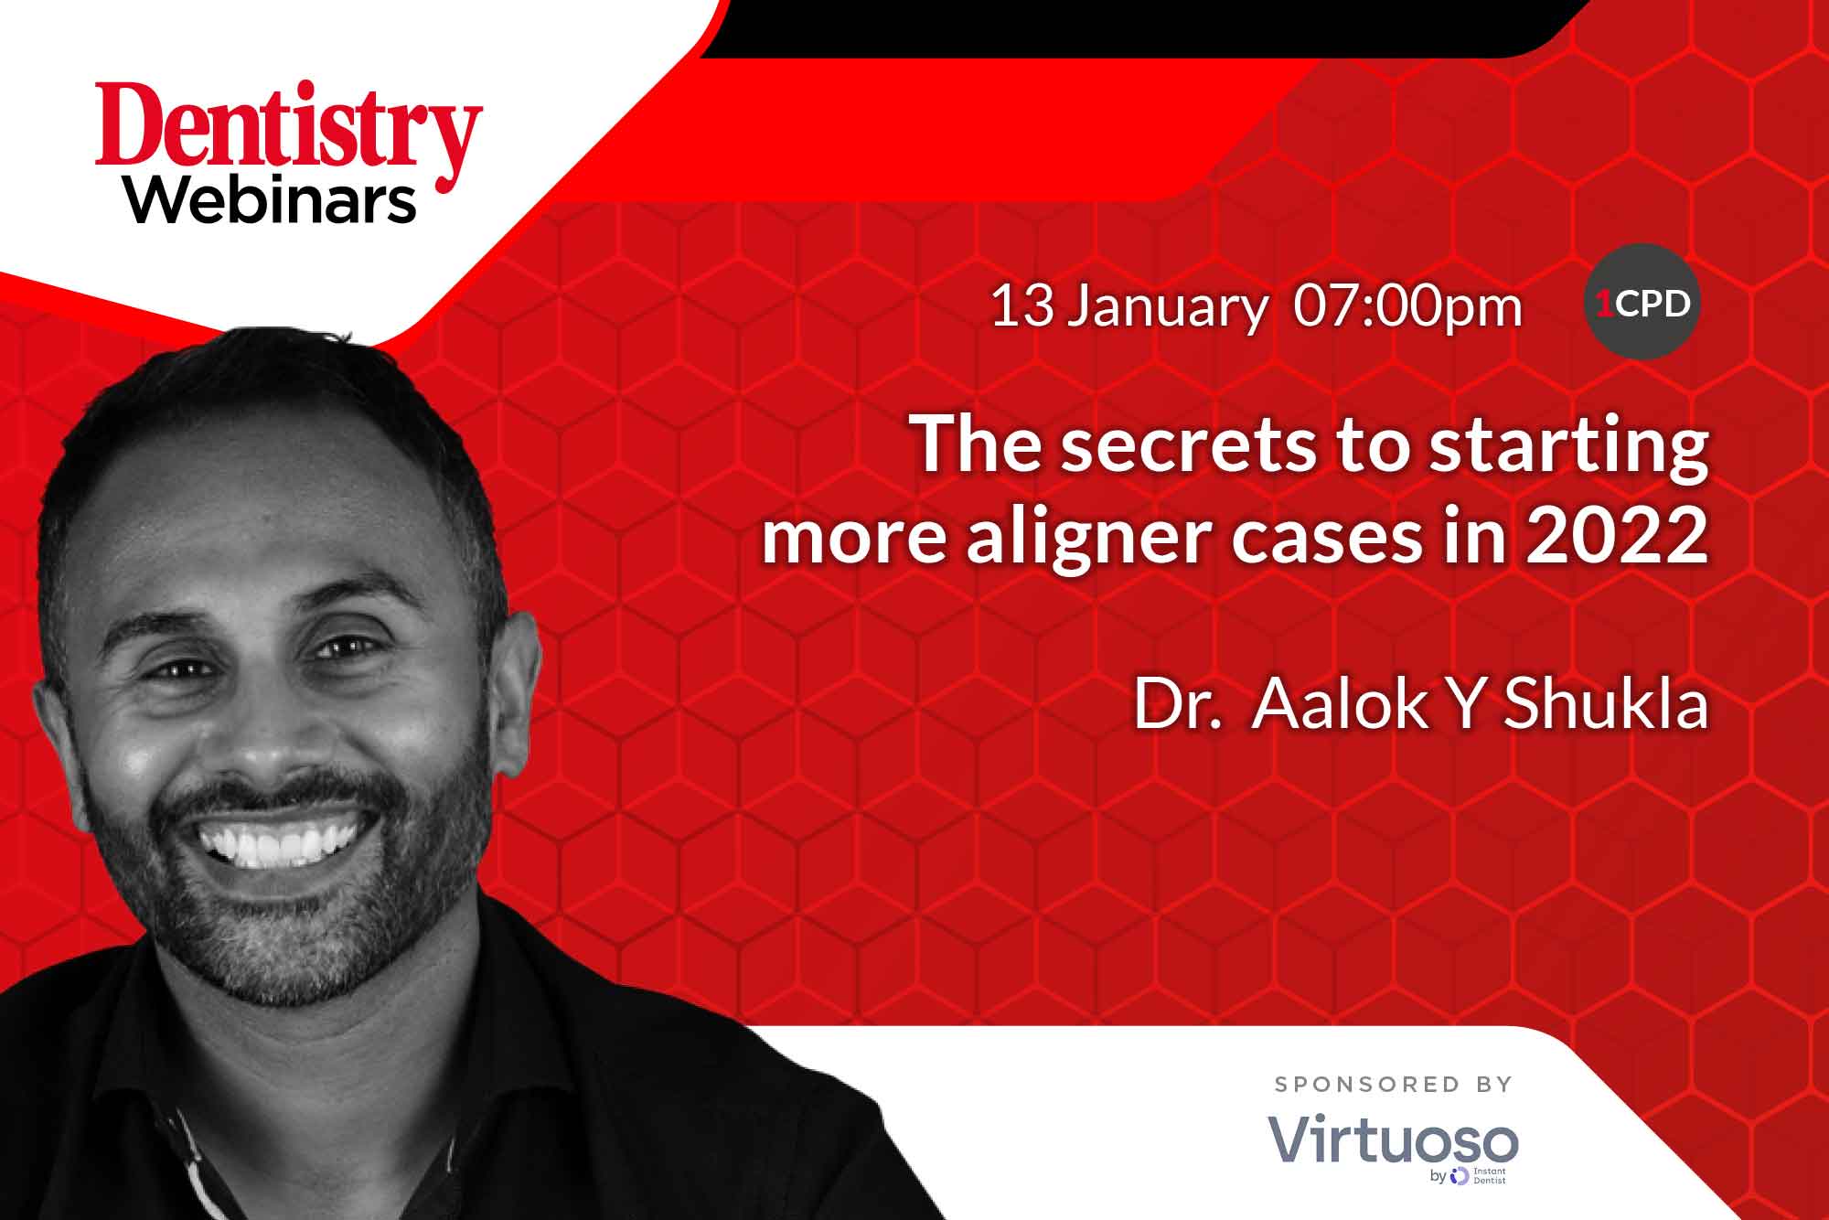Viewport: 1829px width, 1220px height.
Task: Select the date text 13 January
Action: (x=1128, y=308)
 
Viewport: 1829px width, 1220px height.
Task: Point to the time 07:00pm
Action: (x=1408, y=306)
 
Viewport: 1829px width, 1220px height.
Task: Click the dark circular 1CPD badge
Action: (x=1642, y=301)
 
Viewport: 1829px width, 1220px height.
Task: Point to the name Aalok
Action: (x=1341, y=704)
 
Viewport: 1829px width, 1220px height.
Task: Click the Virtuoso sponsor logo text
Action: (x=1393, y=1140)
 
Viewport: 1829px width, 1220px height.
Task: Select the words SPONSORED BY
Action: (x=1394, y=1085)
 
